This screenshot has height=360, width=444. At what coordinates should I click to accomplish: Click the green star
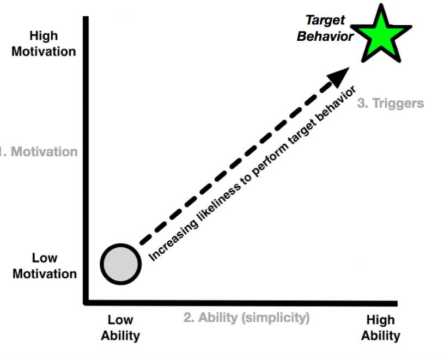tap(381, 35)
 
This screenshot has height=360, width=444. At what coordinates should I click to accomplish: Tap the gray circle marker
tap(121, 264)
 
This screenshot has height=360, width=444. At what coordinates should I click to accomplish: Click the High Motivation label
tap(44, 44)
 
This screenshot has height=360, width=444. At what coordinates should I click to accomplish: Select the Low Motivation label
tap(45, 266)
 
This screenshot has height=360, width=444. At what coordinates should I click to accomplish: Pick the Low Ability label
tap(120, 328)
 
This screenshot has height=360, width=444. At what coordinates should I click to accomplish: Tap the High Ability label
tap(381, 328)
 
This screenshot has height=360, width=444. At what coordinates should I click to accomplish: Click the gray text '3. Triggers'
tap(391, 103)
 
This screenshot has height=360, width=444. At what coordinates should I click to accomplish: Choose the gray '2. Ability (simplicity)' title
tap(246, 318)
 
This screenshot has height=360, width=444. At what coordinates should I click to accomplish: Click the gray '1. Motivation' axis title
tap(39, 152)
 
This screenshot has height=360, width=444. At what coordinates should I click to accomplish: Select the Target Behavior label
tap(325, 28)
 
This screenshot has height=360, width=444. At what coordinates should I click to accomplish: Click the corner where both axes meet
tap(86, 303)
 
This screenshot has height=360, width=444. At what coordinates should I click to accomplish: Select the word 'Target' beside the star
tap(325, 21)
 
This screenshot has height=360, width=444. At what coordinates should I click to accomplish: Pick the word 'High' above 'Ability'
tap(381, 320)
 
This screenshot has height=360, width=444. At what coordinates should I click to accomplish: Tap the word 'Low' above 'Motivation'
tap(45, 258)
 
